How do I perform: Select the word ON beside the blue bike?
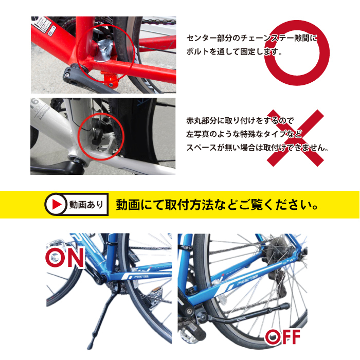pyautogui.click(x=65, y=258)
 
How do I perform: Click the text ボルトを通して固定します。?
pyautogui.click(x=236, y=52)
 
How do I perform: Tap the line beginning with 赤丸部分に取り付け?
pyautogui.click(x=240, y=121)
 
